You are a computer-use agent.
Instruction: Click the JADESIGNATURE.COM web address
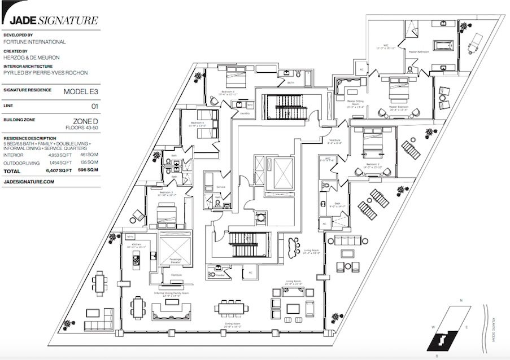point(29,182)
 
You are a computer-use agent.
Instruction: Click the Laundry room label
point(245,113)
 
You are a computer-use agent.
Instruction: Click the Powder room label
point(220,276)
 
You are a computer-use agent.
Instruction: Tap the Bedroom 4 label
point(197,124)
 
